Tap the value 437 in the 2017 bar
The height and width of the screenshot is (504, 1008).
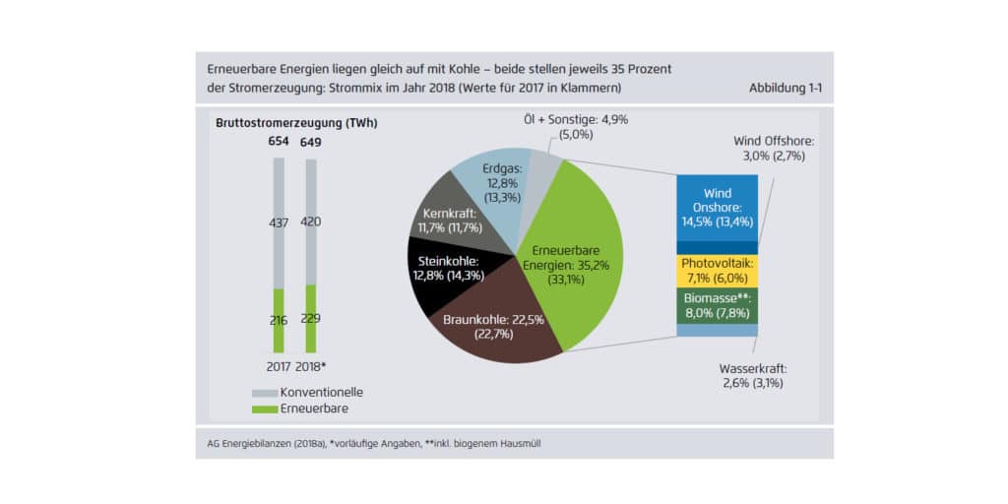(279, 223)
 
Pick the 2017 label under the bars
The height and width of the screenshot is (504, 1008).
(278, 367)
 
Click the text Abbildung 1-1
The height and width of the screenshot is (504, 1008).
(785, 89)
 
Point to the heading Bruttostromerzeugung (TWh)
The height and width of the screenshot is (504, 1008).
(296, 123)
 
